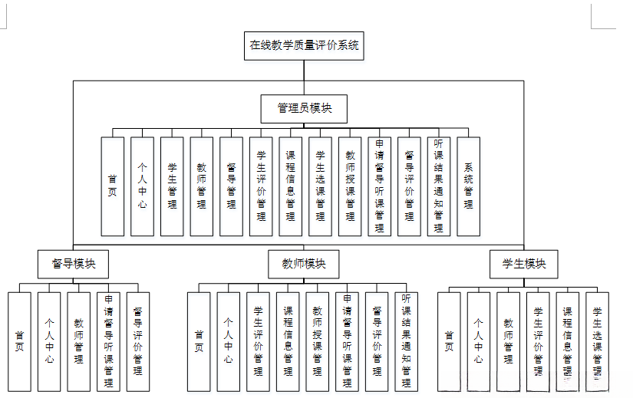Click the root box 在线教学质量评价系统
click(x=304, y=45)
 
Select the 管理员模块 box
click(x=304, y=109)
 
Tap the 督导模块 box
click(x=74, y=264)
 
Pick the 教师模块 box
click(x=304, y=264)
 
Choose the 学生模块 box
click(x=524, y=264)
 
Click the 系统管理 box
click(x=469, y=186)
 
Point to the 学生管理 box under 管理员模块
click(x=172, y=186)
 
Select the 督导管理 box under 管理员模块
click(x=232, y=186)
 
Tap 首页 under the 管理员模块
click(x=113, y=186)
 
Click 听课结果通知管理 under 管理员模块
click(x=439, y=186)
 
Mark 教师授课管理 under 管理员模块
click(x=350, y=186)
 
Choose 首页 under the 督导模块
click(x=20, y=341)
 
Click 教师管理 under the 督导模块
click(x=79, y=341)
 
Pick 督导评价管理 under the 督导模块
click(x=138, y=341)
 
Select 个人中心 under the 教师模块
click(x=229, y=341)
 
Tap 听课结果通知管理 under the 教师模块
click(x=407, y=341)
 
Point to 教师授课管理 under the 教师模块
click(x=318, y=341)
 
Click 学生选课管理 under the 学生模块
click(x=597, y=341)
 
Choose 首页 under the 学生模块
click(x=449, y=341)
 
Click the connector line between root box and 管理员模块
click(x=304, y=77)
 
